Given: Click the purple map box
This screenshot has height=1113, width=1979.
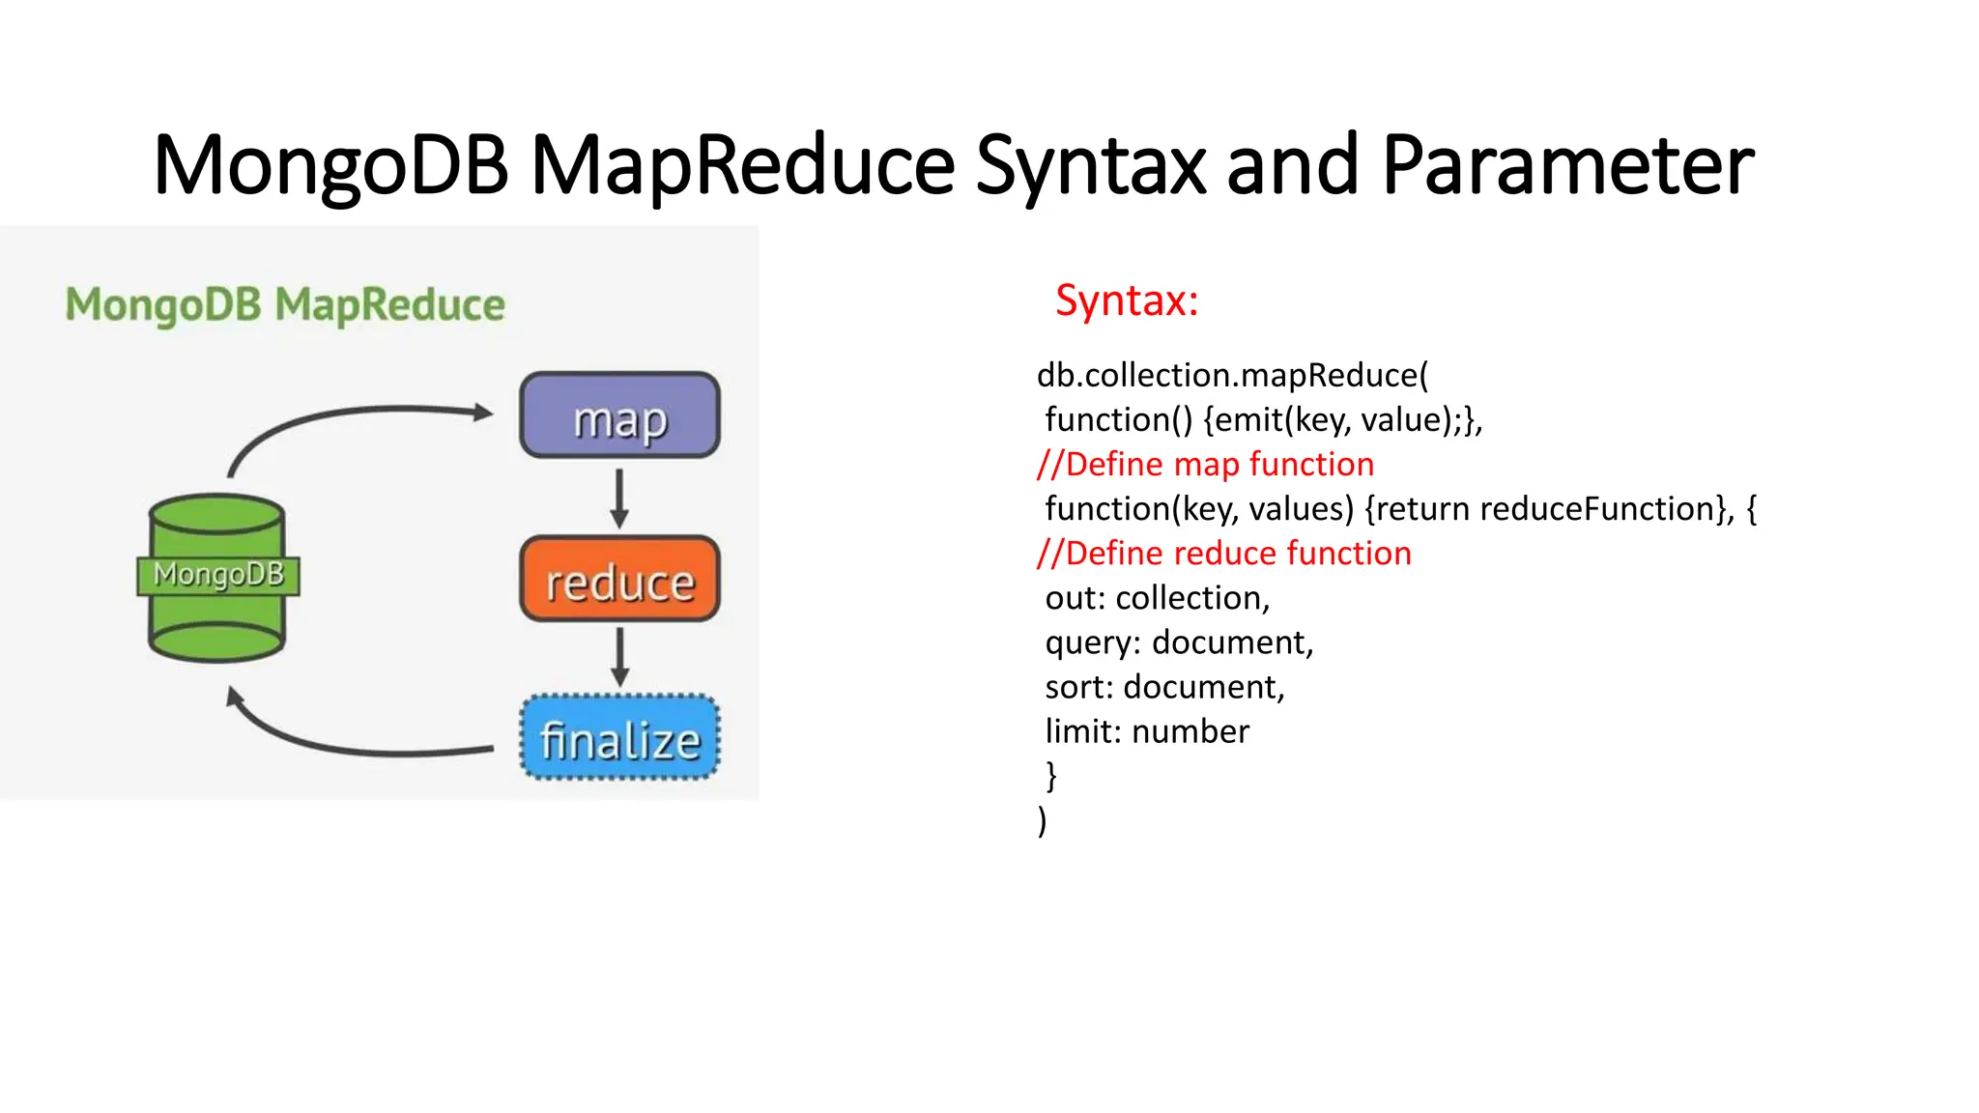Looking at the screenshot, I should [x=619, y=415].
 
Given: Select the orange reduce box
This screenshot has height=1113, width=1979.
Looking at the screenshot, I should [x=619, y=579].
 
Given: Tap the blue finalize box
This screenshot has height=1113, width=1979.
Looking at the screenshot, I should [x=619, y=738].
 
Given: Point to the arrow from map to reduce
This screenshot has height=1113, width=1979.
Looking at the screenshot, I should [x=619, y=498].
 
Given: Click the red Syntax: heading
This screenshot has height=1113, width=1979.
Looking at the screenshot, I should [x=1127, y=300].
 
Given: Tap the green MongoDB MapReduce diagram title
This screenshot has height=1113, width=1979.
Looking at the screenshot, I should [x=285, y=305].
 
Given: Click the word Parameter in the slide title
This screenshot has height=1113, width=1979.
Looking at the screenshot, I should [x=1567, y=166].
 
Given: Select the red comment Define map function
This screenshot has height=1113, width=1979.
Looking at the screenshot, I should [x=1205, y=465].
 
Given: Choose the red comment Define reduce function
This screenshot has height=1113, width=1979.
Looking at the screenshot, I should [x=1223, y=554].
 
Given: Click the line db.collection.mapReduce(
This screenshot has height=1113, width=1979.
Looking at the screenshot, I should [x=1232, y=376].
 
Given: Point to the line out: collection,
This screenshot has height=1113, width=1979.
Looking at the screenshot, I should [x=1157, y=598].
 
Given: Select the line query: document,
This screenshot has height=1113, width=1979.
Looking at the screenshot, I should [x=1179, y=642].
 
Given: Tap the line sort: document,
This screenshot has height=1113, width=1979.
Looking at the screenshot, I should [x=1164, y=687].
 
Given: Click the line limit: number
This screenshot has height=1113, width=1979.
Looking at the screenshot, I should [x=1147, y=731].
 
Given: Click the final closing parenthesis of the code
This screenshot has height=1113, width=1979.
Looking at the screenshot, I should [x=1043, y=820].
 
